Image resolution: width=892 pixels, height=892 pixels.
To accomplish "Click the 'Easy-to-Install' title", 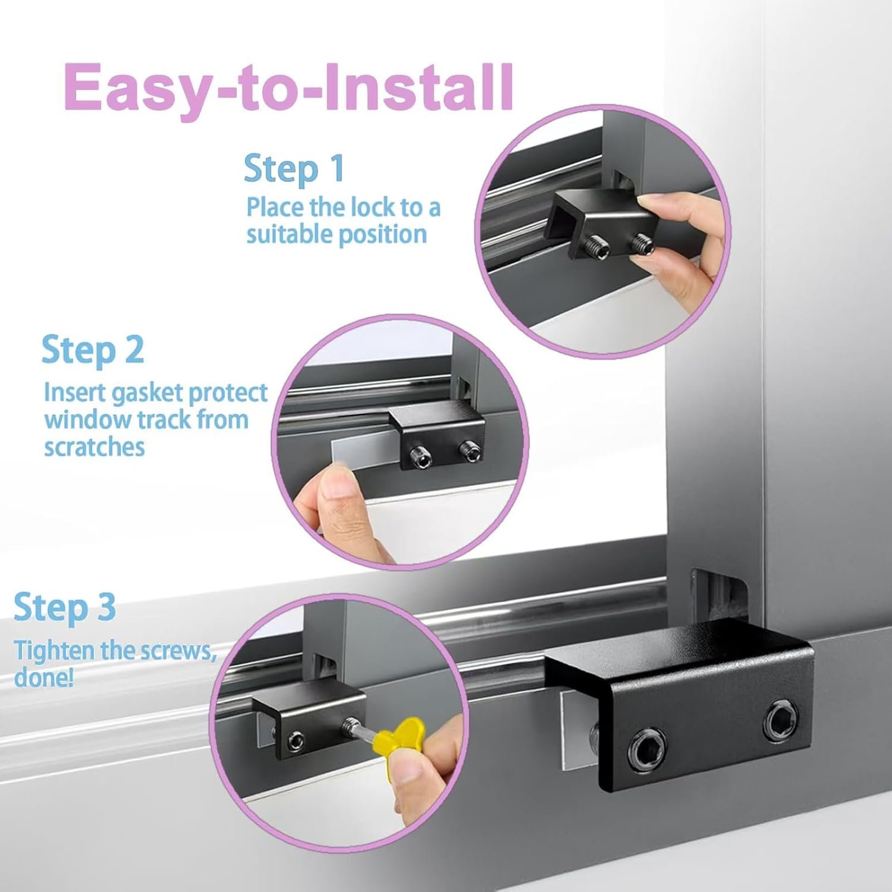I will tap(288, 87).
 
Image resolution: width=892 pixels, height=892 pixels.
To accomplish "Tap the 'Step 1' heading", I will tap(294, 169).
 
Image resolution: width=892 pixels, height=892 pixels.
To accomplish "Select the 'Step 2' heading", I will tap(93, 350).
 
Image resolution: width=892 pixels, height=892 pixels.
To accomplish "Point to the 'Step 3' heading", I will tap(65, 608).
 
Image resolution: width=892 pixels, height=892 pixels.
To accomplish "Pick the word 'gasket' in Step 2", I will tap(139, 394).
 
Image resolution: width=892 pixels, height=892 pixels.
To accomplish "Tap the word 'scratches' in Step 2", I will tap(94, 447).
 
